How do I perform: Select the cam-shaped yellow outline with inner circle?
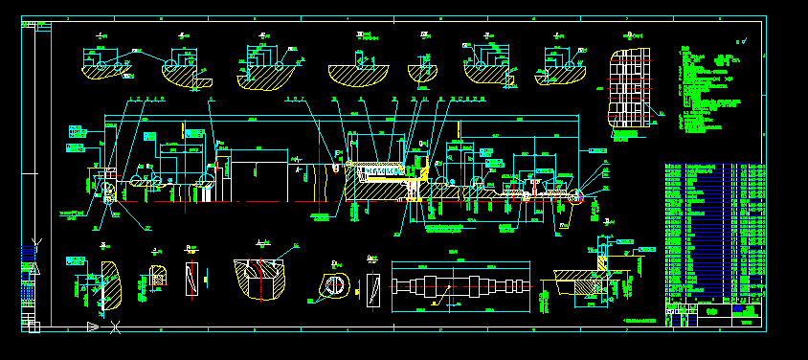(x=334, y=286)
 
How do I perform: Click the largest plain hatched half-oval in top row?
(x=357, y=73)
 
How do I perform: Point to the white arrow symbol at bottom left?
(x=93, y=326)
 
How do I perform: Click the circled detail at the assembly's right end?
(x=576, y=198)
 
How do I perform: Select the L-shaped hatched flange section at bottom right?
(x=586, y=282)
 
